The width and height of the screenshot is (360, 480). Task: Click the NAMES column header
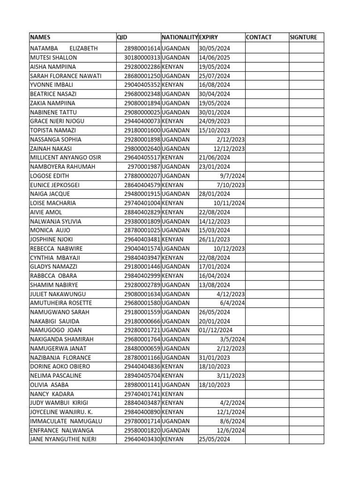click(x=40, y=37)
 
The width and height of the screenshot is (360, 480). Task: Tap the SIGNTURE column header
click(x=303, y=37)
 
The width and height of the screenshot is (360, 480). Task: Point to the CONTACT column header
click(x=259, y=37)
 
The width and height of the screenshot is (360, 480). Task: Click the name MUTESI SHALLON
click(x=53, y=58)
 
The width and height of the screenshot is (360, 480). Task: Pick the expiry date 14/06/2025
click(x=214, y=58)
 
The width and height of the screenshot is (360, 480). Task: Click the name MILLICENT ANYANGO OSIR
click(x=66, y=157)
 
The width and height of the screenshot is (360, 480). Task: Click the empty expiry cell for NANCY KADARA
click(x=221, y=394)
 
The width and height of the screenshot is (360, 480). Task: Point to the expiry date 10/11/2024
click(x=229, y=203)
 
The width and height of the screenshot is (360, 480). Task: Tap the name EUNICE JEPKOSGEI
click(x=55, y=185)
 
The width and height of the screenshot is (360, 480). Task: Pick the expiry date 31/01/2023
click(x=214, y=357)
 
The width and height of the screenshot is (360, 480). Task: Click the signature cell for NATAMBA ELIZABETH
click(x=306, y=48)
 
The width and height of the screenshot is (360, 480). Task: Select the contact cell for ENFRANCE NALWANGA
click(x=266, y=430)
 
